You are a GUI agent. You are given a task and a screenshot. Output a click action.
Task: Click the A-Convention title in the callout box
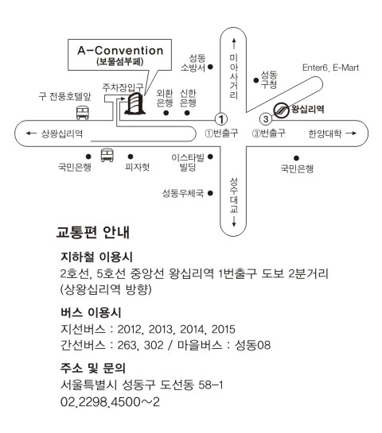coord(120,51)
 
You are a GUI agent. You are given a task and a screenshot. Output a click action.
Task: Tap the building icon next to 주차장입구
coord(134,103)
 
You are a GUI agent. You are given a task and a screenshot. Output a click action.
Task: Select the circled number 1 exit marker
coord(221,120)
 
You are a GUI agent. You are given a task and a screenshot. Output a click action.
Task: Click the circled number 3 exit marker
coord(266,119)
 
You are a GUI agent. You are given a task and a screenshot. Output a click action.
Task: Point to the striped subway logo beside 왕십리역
coord(281,110)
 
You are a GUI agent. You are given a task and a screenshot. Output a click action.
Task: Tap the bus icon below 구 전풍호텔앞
coord(83,113)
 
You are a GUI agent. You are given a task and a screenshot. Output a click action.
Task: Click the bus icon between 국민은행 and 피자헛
coord(107,155)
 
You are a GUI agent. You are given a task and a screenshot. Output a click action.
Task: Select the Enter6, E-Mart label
coord(330,68)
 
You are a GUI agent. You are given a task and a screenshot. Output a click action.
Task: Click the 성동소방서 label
coord(193,63)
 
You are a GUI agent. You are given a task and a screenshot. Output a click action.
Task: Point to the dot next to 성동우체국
coord(210,193)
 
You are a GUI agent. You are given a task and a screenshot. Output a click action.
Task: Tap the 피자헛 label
coord(137,167)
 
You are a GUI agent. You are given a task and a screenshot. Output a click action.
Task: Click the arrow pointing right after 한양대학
coord(351,133)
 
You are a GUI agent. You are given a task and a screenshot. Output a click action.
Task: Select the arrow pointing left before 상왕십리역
coord(31,133)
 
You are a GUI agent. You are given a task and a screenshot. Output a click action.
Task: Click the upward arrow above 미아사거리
coord(234,44)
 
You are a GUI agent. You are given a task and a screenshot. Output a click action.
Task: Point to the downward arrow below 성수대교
coord(234,221)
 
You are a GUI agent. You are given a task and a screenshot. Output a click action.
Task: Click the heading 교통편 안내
coord(93,232)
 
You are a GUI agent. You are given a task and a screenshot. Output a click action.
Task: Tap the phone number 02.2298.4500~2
coord(110,402)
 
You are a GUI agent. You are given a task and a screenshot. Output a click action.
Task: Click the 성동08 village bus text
coord(252,345)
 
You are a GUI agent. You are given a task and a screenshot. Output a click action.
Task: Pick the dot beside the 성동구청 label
coord(256,80)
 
